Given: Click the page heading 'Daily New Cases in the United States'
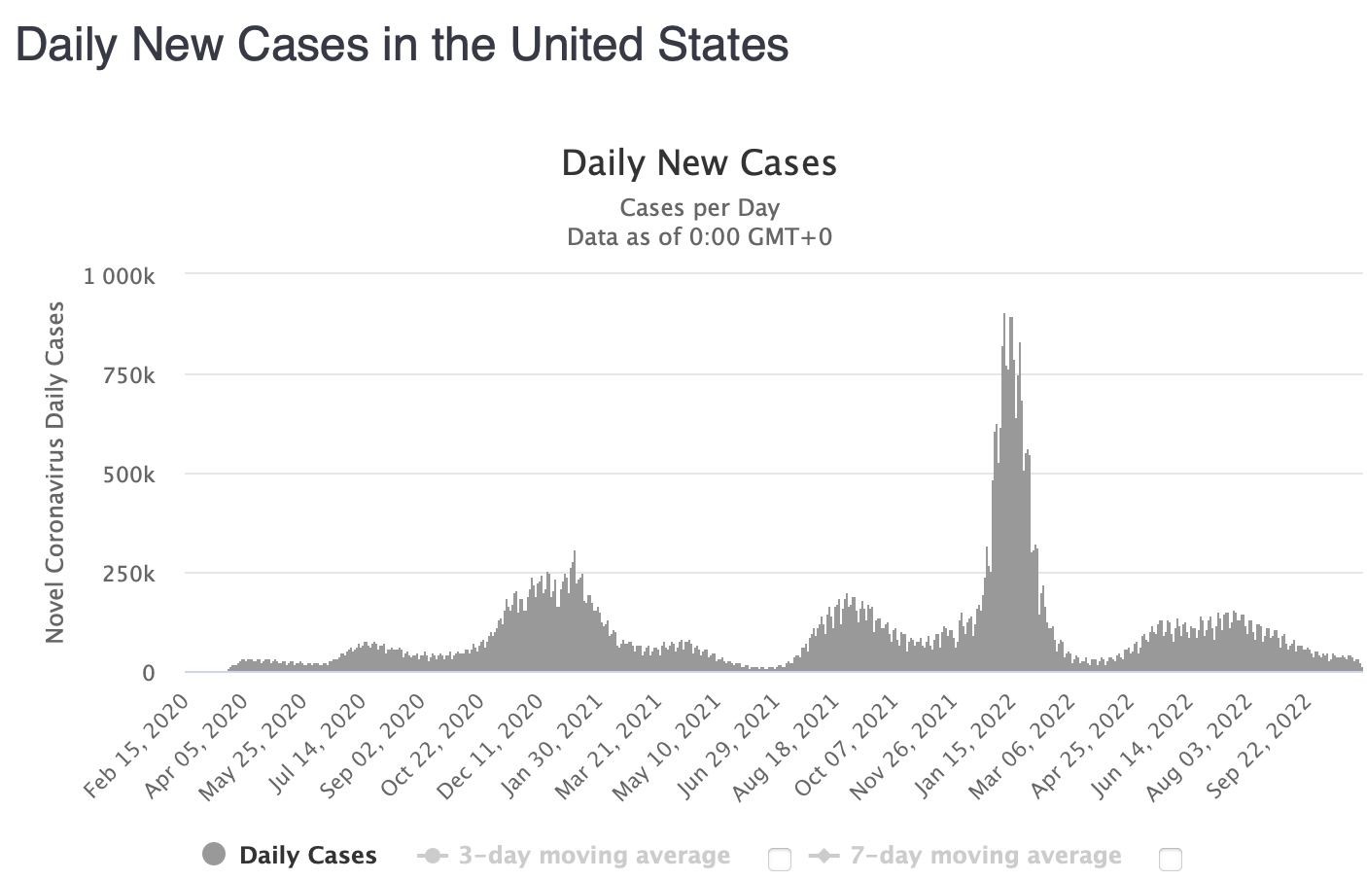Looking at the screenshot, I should pyautogui.click(x=402, y=45).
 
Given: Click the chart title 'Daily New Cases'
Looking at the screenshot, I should pyautogui.click(x=699, y=163).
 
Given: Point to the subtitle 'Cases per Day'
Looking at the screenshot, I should pyautogui.click(x=699, y=207).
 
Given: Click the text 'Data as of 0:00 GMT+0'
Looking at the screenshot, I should pyautogui.click(x=699, y=236).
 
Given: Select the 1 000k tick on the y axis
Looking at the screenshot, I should pyautogui.click(x=120, y=276).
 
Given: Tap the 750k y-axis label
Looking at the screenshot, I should pyautogui.click(x=129, y=375).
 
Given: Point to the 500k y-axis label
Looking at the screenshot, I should pyautogui.click(x=129, y=475).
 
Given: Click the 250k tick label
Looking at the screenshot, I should pyautogui.click(x=129, y=574).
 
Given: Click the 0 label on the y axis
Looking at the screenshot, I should pyautogui.click(x=149, y=673).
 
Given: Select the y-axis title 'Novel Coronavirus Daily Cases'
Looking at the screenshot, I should pyautogui.click(x=55, y=472).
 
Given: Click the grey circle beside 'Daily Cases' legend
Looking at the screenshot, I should pyautogui.click(x=214, y=855).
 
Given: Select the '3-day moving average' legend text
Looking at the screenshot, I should pyautogui.click(x=594, y=856).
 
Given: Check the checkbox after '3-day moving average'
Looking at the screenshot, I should pyautogui.click(x=779, y=859).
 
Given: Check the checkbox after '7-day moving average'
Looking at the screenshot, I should pyautogui.click(x=1171, y=859).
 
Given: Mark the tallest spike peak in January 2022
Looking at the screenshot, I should pyautogui.click(x=1004, y=315).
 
